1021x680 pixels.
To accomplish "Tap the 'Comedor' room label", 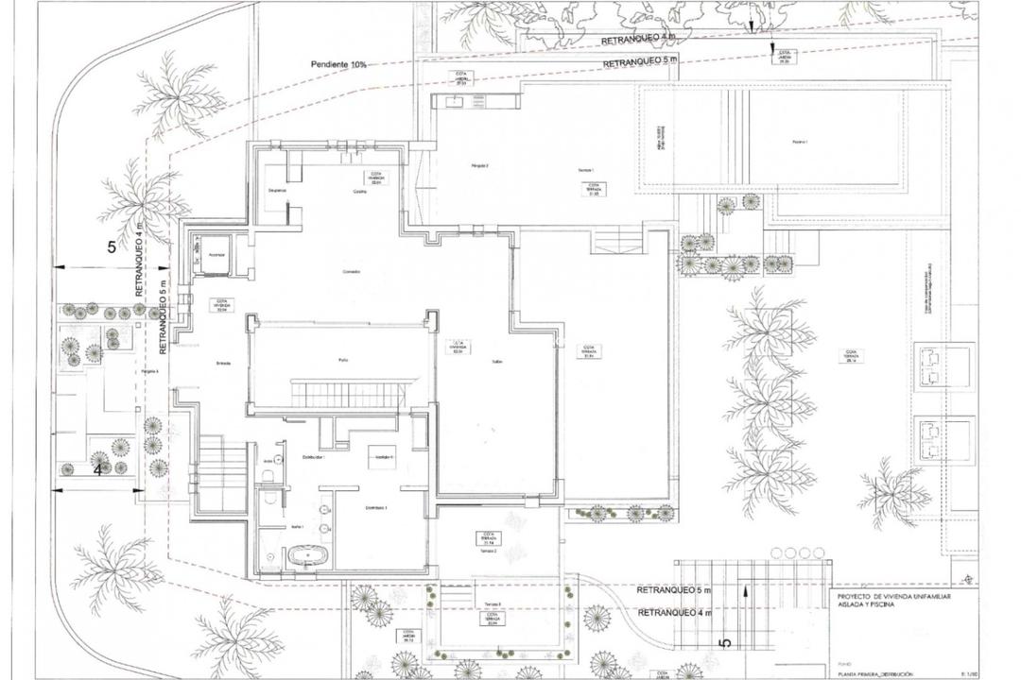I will coord(351,272).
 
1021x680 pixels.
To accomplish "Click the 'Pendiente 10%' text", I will coord(338,64).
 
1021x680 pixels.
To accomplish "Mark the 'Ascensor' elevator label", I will coord(216,254).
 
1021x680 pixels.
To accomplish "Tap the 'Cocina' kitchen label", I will coord(347,190).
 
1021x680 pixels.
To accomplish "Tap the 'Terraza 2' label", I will coord(487,550).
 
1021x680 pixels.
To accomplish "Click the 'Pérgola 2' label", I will coord(480,166).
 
